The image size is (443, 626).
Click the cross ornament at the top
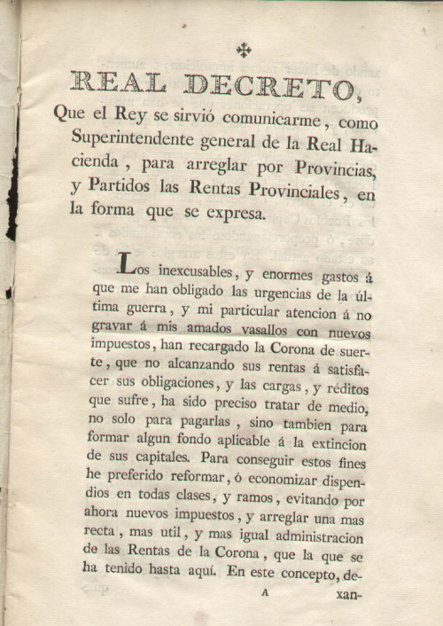[x=244, y=51]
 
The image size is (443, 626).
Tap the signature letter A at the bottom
[x=263, y=598]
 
